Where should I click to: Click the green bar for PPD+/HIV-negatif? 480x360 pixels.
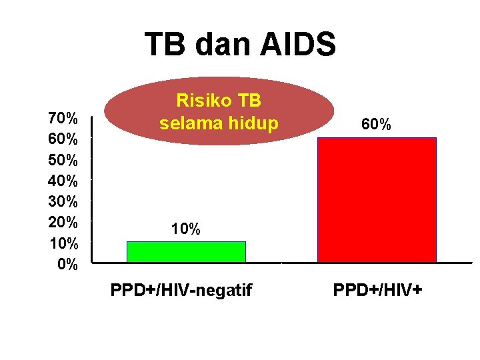coord(186,251)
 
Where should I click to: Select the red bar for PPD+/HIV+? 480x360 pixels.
coord(377,199)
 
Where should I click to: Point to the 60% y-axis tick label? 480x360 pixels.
coord(63,140)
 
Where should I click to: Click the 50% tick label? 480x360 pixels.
coord(63,161)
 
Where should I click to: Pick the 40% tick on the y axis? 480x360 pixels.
coord(63,181)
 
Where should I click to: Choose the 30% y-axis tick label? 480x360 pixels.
coord(63,201)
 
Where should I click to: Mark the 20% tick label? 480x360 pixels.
coord(63,222)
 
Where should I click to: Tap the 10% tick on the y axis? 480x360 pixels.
coord(63,243)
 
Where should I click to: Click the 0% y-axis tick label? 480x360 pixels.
coord(67,265)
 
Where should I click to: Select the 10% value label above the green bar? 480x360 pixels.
coord(185,229)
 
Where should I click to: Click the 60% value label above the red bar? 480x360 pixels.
coord(376,125)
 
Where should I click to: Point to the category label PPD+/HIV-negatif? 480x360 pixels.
coord(181,291)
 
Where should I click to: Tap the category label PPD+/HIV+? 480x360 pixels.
coord(379,291)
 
